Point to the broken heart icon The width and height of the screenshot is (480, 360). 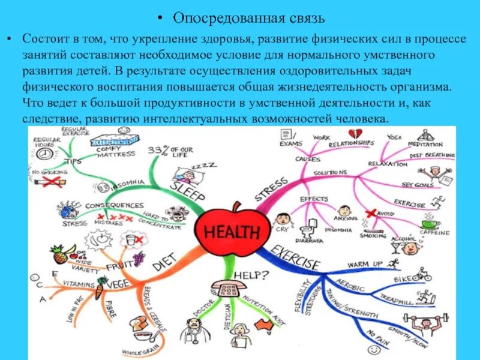pos(355,133)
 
